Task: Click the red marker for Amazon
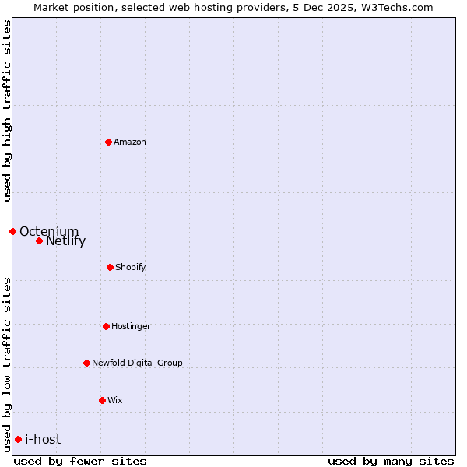(109, 142)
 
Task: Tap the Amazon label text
(130, 142)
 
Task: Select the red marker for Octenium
(12, 231)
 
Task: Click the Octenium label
(49, 231)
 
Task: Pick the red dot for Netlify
(39, 241)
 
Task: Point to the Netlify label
(65, 241)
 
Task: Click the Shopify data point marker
(110, 267)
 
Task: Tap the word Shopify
(130, 268)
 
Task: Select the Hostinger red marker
(106, 326)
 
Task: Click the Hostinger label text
(131, 326)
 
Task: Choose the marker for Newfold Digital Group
(86, 363)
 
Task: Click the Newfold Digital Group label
(137, 363)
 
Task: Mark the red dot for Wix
(102, 400)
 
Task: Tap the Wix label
(115, 400)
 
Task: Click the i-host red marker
(18, 439)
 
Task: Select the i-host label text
(43, 439)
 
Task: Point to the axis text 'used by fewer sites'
(80, 461)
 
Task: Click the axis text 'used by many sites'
(391, 461)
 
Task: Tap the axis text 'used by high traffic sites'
(7, 111)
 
